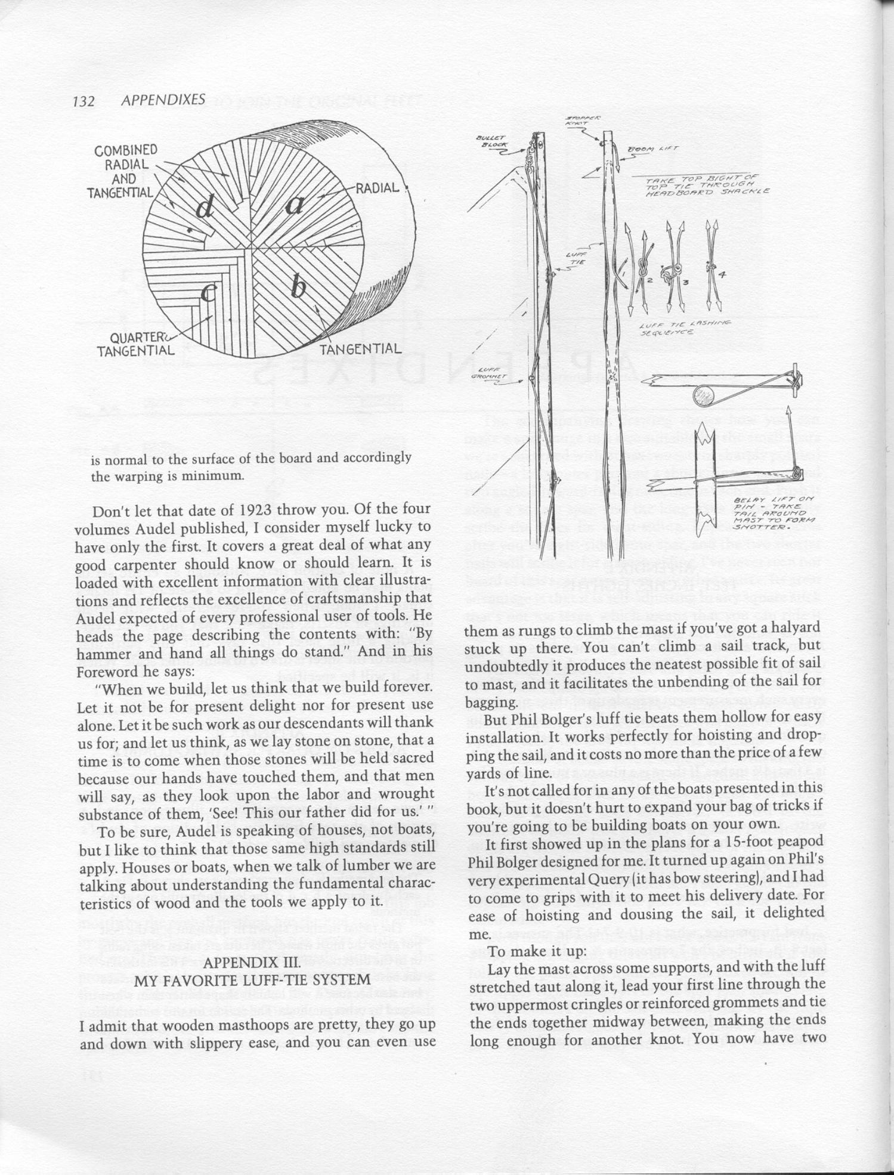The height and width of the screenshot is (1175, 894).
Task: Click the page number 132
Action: pos(83,101)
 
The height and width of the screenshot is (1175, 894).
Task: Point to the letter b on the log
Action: pos(298,288)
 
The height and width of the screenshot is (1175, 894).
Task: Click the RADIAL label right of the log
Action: pos(378,188)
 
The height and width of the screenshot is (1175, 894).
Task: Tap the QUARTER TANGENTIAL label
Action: pos(136,344)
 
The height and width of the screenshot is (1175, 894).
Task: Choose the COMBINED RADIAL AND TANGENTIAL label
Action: pos(123,171)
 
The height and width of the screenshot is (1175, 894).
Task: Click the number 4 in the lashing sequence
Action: pos(722,274)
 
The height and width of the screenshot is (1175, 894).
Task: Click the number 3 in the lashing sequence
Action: pos(686,282)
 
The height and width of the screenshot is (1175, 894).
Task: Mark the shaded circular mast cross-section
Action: pos(705,395)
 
